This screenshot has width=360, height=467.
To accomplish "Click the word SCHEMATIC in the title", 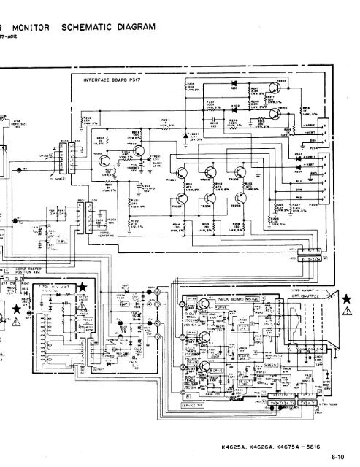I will [86, 28].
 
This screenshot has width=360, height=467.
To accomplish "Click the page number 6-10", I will [337, 458].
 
